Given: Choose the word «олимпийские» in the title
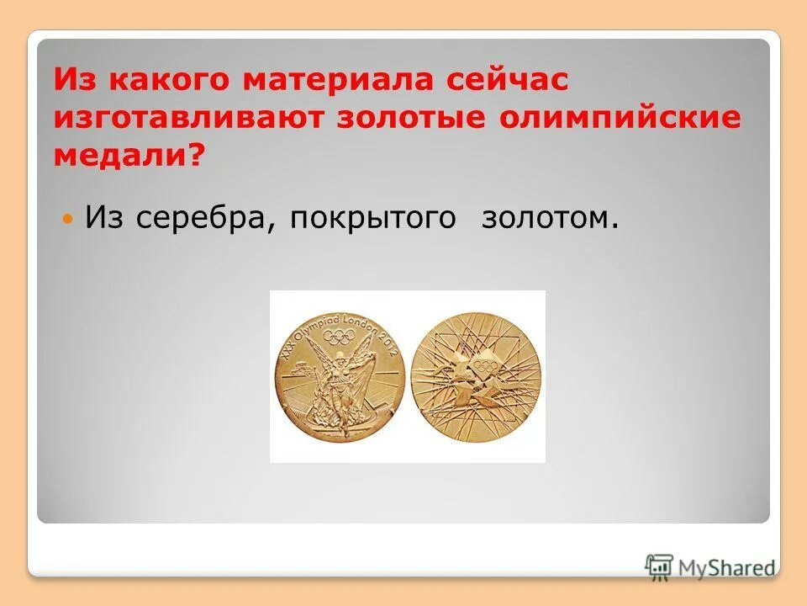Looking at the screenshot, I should coord(622,119).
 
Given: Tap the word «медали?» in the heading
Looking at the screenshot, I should coord(129,155).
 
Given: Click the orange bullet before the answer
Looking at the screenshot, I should coord(70,219).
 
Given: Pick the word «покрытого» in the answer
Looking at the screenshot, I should coord(374,219).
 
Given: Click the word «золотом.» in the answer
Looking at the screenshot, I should coord(551,219).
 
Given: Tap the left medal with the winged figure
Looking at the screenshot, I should coord(339,376).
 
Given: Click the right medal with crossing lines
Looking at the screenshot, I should coord(477,376).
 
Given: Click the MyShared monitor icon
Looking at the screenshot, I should coord(660,566).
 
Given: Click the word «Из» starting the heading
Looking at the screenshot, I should coord(73,82).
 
